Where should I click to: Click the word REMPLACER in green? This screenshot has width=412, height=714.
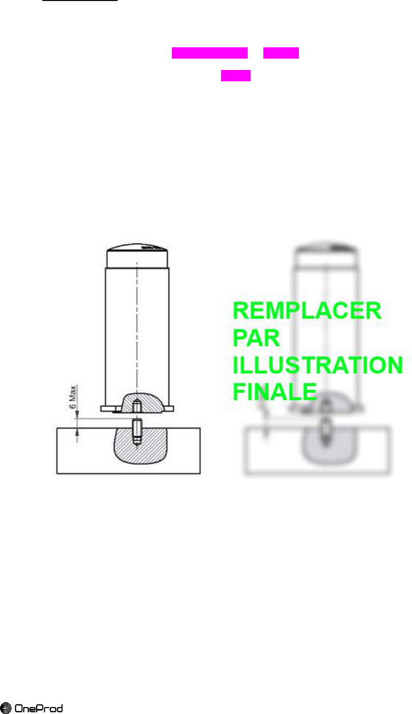click(307, 312)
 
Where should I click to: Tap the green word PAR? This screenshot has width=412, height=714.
click(256, 339)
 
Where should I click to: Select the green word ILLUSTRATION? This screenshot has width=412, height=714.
click(317, 365)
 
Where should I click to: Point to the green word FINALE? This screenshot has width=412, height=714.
click(274, 392)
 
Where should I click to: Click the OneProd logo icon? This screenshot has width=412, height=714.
click(6, 709)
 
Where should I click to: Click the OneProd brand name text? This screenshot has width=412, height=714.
click(39, 709)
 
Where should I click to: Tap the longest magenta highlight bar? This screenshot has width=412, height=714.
click(209, 53)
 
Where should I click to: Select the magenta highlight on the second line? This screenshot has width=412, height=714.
click(236, 75)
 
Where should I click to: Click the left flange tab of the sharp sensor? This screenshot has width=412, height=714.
click(109, 408)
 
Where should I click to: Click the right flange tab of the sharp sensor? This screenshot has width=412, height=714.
click(169, 408)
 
